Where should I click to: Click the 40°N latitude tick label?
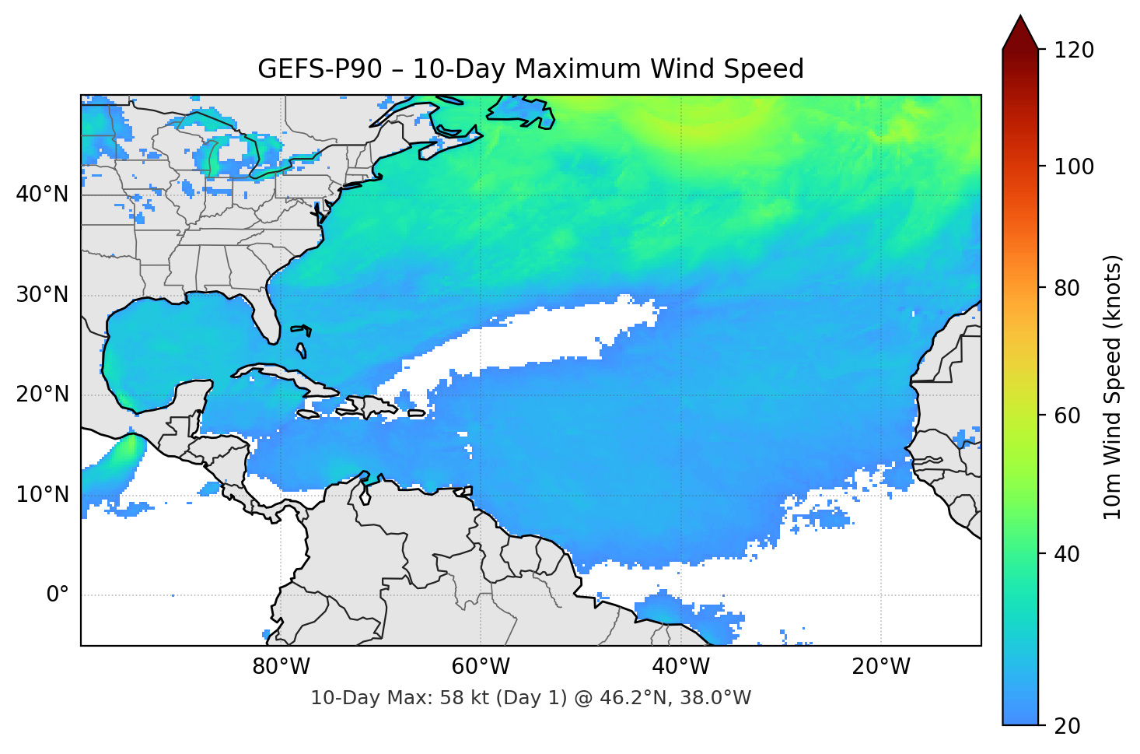(42, 194)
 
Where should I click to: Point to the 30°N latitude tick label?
(42, 295)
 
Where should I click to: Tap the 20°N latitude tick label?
(42, 395)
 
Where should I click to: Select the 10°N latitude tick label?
(42, 495)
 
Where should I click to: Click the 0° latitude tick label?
(58, 595)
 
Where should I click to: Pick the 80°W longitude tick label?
(281, 667)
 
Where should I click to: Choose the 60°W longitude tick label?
(481, 667)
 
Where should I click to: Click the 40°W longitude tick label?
(680, 667)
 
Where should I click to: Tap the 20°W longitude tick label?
(880, 667)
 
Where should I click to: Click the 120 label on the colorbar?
(1074, 51)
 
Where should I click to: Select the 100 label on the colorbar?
(1074, 167)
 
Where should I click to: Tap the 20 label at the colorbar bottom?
(1066, 726)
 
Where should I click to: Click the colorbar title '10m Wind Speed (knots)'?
(1113, 387)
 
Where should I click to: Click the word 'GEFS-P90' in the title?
(320, 69)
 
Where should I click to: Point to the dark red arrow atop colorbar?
(1020, 33)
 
